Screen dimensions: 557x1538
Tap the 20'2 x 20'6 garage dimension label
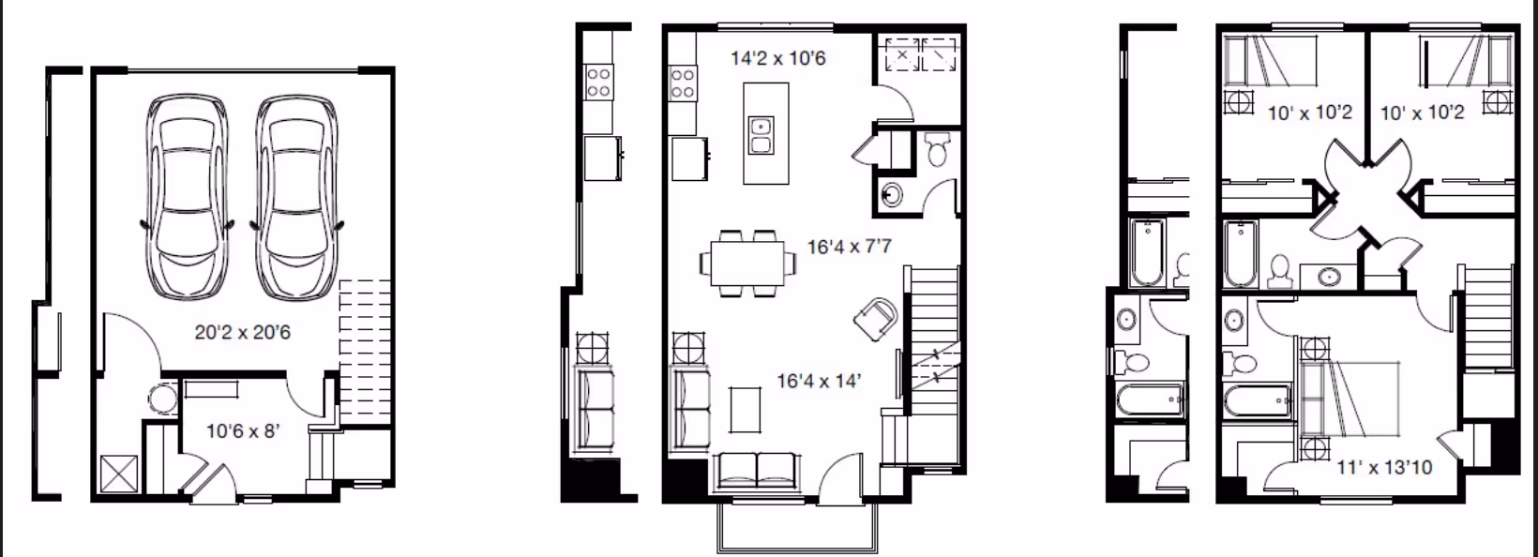[x=242, y=332]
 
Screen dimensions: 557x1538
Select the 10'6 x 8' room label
[x=243, y=431]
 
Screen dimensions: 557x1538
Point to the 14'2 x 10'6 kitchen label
[x=778, y=58]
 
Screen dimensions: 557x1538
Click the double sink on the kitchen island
[x=761, y=135]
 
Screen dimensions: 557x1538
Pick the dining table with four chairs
[x=747, y=263]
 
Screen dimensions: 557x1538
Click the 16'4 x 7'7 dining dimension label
[x=849, y=248]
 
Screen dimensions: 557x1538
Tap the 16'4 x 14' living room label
[x=819, y=381]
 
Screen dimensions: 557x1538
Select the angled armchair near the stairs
[x=876, y=317]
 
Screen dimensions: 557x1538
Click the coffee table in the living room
[x=746, y=409]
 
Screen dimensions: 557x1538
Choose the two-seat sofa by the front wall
[x=757, y=472]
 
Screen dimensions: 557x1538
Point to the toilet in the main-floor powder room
[x=938, y=148]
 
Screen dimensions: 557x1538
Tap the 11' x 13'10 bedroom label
[x=1384, y=466]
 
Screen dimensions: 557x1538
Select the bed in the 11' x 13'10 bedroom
[x=1349, y=398]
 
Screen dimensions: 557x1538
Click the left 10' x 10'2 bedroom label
[x=1309, y=113]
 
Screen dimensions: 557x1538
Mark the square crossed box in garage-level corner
[x=119, y=474]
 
